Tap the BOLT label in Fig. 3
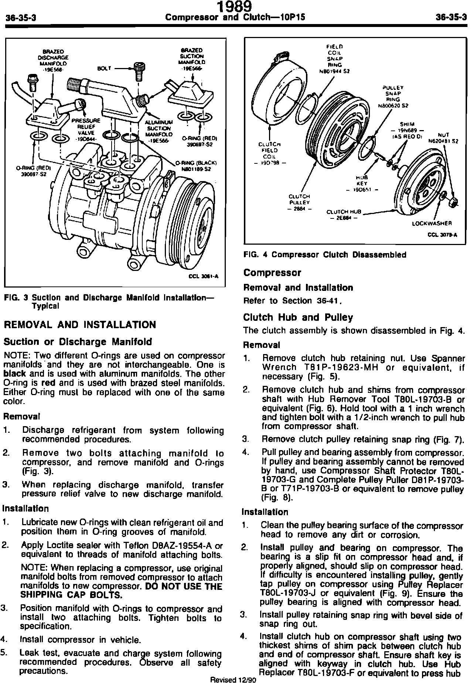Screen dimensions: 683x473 (105, 68)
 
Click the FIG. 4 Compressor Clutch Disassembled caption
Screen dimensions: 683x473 (325, 255)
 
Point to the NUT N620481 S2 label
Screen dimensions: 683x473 (443, 138)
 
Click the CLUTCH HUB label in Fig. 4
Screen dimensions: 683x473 (343, 215)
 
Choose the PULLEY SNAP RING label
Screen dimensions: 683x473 (393, 96)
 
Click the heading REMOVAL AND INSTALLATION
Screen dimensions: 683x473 (80, 325)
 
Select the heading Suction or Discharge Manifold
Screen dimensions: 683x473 (78, 341)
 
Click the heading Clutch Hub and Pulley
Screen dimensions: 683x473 (298, 317)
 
